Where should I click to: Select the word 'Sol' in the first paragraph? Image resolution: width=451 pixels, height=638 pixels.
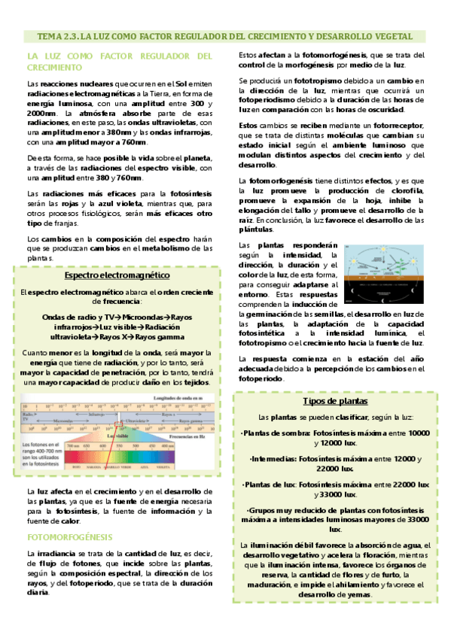181,83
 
